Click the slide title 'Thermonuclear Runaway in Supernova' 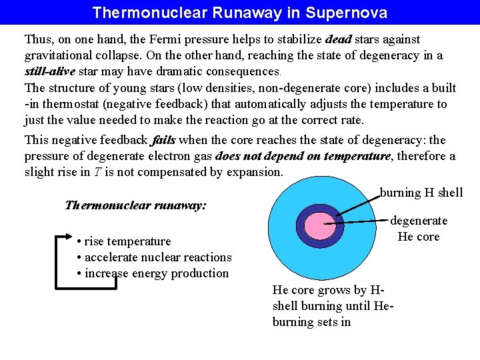(239, 13)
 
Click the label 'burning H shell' (421, 193)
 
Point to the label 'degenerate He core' (419, 229)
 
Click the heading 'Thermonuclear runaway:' (135, 205)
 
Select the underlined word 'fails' (163, 141)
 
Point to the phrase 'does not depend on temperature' (303, 157)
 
